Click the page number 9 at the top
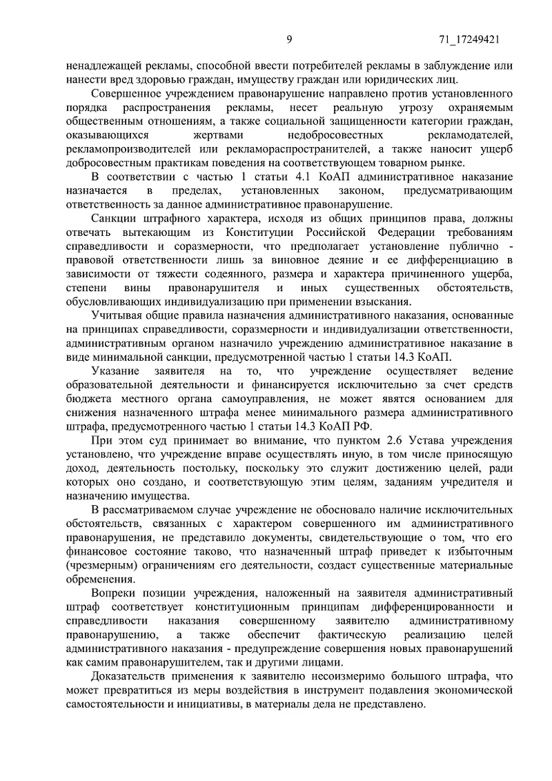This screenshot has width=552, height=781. coord(289,41)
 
